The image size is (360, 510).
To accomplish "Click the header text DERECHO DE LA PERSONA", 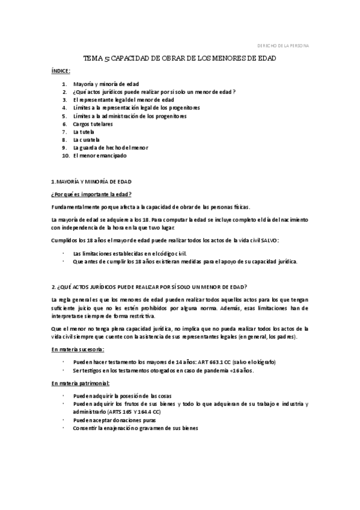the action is pyautogui.click(x=283, y=46).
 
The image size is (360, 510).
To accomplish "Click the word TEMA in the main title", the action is pyautogui.click(x=93, y=59).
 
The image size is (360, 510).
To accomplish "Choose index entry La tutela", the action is pyautogui.click(x=84, y=131).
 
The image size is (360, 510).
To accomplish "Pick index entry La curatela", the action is pyautogui.click(x=86, y=139).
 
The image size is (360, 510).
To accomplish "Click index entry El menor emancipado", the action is pyautogui.click(x=100, y=155).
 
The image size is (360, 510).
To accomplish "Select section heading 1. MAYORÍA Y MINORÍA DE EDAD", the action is pyautogui.click(x=91, y=181).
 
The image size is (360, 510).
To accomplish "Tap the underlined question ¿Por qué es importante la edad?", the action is pyautogui.click(x=91, y=194).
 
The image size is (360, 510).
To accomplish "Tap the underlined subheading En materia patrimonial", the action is pyautogui.click(x=81, y=383).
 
